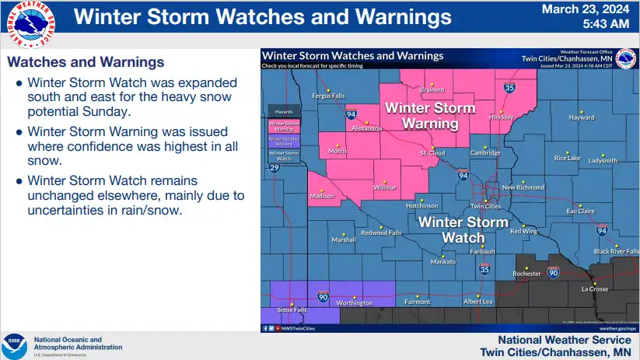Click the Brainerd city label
(432, 89)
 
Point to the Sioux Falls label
(292, 309)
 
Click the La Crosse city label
(595, 289)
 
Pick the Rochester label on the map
(527, 274)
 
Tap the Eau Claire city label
(580, 211)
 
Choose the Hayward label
(582, 117)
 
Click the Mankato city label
(443, 261)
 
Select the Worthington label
(355, 302)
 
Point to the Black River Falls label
(616, 251)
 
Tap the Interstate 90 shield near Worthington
(323, 296)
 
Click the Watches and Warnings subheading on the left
(85, 61)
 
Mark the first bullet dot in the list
(19, 82)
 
